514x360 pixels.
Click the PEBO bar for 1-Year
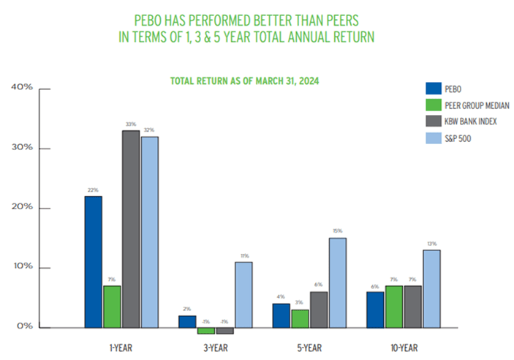pyautogui.click(x=93, y=261)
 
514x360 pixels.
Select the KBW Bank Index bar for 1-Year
pyautogui.click(x=130, y=228)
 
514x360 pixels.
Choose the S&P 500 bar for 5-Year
pyautogui.click(x=337, y=282)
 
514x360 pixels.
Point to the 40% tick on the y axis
pyautogui.click(x=22, y=89)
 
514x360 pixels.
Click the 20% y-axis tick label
pyautogui.click(x=22, y=208)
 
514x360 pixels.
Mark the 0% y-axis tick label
pyautogui.click(x=24, y=326)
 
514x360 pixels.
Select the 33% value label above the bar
pyautogui.click(x=131, y=125)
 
